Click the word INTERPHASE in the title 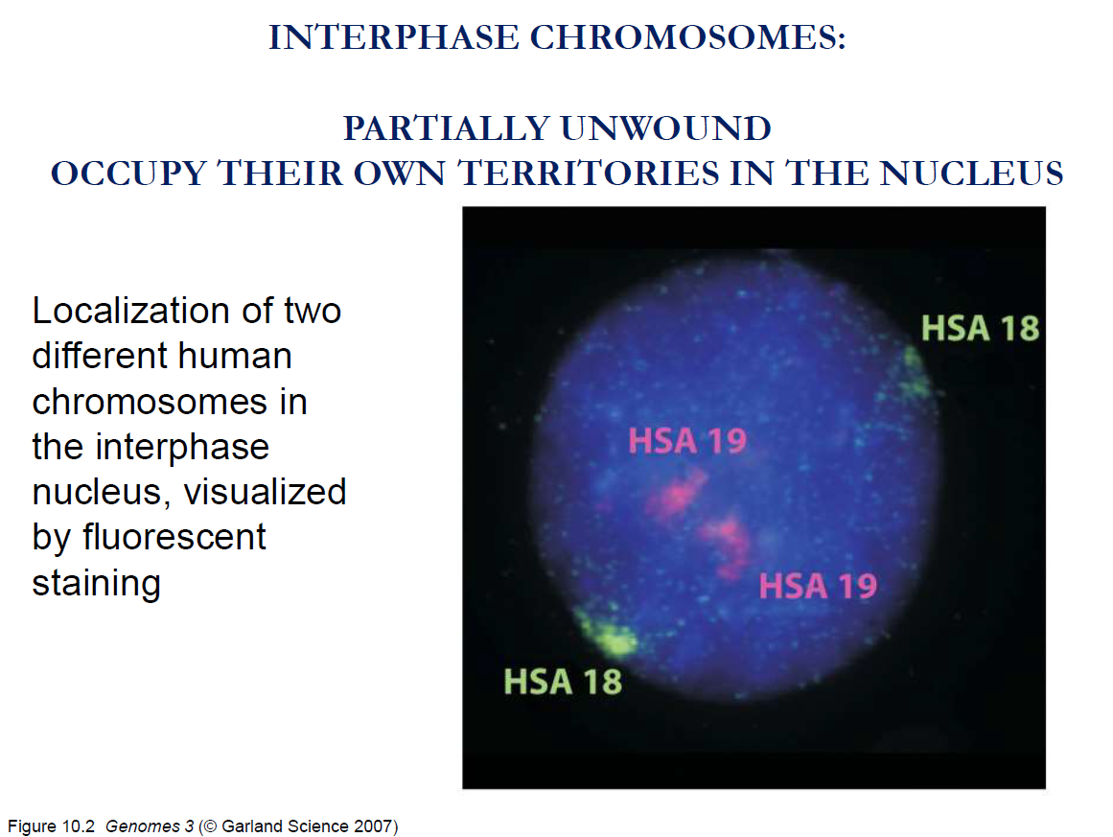(394, 37)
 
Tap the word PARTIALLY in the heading (447, 128)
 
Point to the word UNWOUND (666, 128)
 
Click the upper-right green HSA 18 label (981, 329)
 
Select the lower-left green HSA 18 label (563, 683)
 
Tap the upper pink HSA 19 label (687, 441)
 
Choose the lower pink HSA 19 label (818, 587)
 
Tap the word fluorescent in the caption (174, 537)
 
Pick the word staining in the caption (97, 584)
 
